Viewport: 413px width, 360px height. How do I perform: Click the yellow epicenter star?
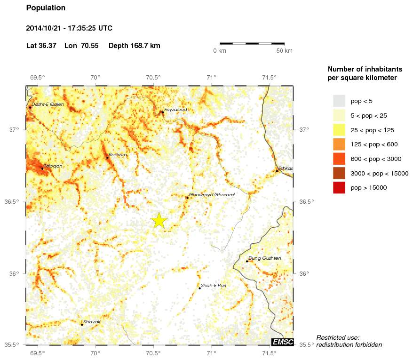click(x=159, y=220)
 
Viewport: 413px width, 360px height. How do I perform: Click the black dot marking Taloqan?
click(x=42, y=168)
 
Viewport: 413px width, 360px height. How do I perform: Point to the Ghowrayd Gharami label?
click(x=211, y=194)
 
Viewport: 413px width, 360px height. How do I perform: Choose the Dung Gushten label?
click(x=264, y=258)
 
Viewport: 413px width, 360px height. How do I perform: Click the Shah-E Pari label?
click(x=213, y=286)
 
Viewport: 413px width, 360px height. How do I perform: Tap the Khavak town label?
click(x=92, y=322)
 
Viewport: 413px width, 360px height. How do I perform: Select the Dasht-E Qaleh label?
click(x=48, y=104)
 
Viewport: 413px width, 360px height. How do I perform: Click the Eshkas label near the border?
click(x=285, y=168)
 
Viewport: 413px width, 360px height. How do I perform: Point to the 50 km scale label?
click(x=284, y=51)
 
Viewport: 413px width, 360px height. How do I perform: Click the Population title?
click(x=46, y=8)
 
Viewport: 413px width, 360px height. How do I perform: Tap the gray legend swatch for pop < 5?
click(x=339, y=101)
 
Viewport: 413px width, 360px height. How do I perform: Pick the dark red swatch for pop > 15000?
click(x=339, y=187)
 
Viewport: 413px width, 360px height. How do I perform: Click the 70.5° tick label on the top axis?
click(x=153, y=78)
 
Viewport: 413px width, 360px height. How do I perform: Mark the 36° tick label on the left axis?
click(x=16, y=273)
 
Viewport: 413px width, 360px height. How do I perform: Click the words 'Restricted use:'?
click(x=338, y=337)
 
